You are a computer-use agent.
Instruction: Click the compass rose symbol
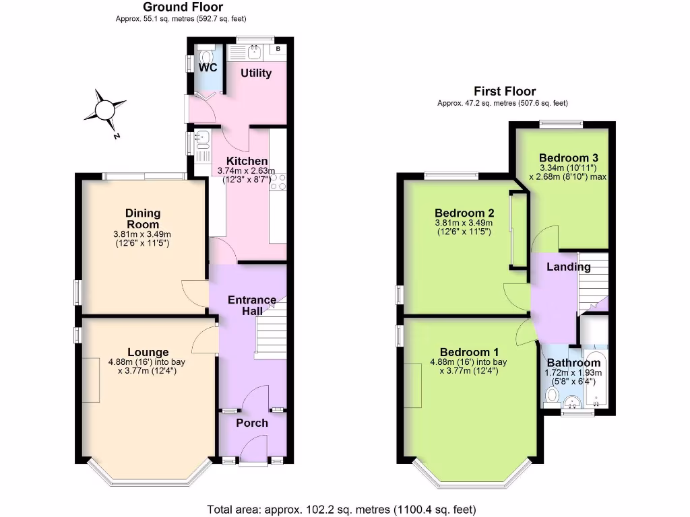pos(104,109)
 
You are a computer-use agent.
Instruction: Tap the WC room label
pos(207,67)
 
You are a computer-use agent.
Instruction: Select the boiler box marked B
pos(278,50)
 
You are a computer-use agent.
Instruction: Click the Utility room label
pos(256,73)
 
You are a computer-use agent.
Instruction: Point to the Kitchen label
pos(247,162)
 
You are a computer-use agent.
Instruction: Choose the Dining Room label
pos(142,219)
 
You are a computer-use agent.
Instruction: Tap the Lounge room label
pos(148,352)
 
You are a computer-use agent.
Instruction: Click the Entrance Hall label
pos(252,306)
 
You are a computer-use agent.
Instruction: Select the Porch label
pos(252,423)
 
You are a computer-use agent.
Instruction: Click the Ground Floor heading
pos(174,7)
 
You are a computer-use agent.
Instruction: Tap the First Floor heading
pos(505,92)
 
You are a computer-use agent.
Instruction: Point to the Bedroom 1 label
pos(469,352)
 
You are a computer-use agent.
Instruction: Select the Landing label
pos(568,267)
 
